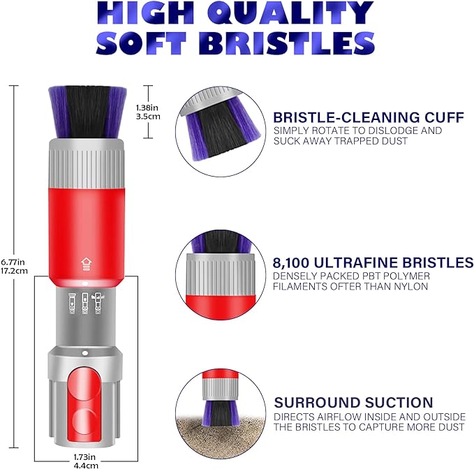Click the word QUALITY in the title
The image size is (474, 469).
(294, 13)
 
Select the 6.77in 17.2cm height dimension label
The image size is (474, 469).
(14, 266)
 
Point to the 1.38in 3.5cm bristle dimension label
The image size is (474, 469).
(148, 112)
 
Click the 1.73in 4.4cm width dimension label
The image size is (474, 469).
(86, 461)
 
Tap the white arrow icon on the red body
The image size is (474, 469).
(86, 264)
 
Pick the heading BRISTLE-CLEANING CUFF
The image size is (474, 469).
(369, 117)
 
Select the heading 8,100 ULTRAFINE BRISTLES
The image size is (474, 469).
(373, 262)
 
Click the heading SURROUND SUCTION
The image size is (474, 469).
(353, 403)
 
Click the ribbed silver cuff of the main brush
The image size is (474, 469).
(86, 163)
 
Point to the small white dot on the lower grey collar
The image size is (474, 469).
(85, 353)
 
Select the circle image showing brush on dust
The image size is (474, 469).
(221, 414)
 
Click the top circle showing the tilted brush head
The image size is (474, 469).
(221, 131)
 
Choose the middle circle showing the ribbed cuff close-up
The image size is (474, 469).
(221, 275)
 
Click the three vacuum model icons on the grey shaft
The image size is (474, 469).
(86, 303)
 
